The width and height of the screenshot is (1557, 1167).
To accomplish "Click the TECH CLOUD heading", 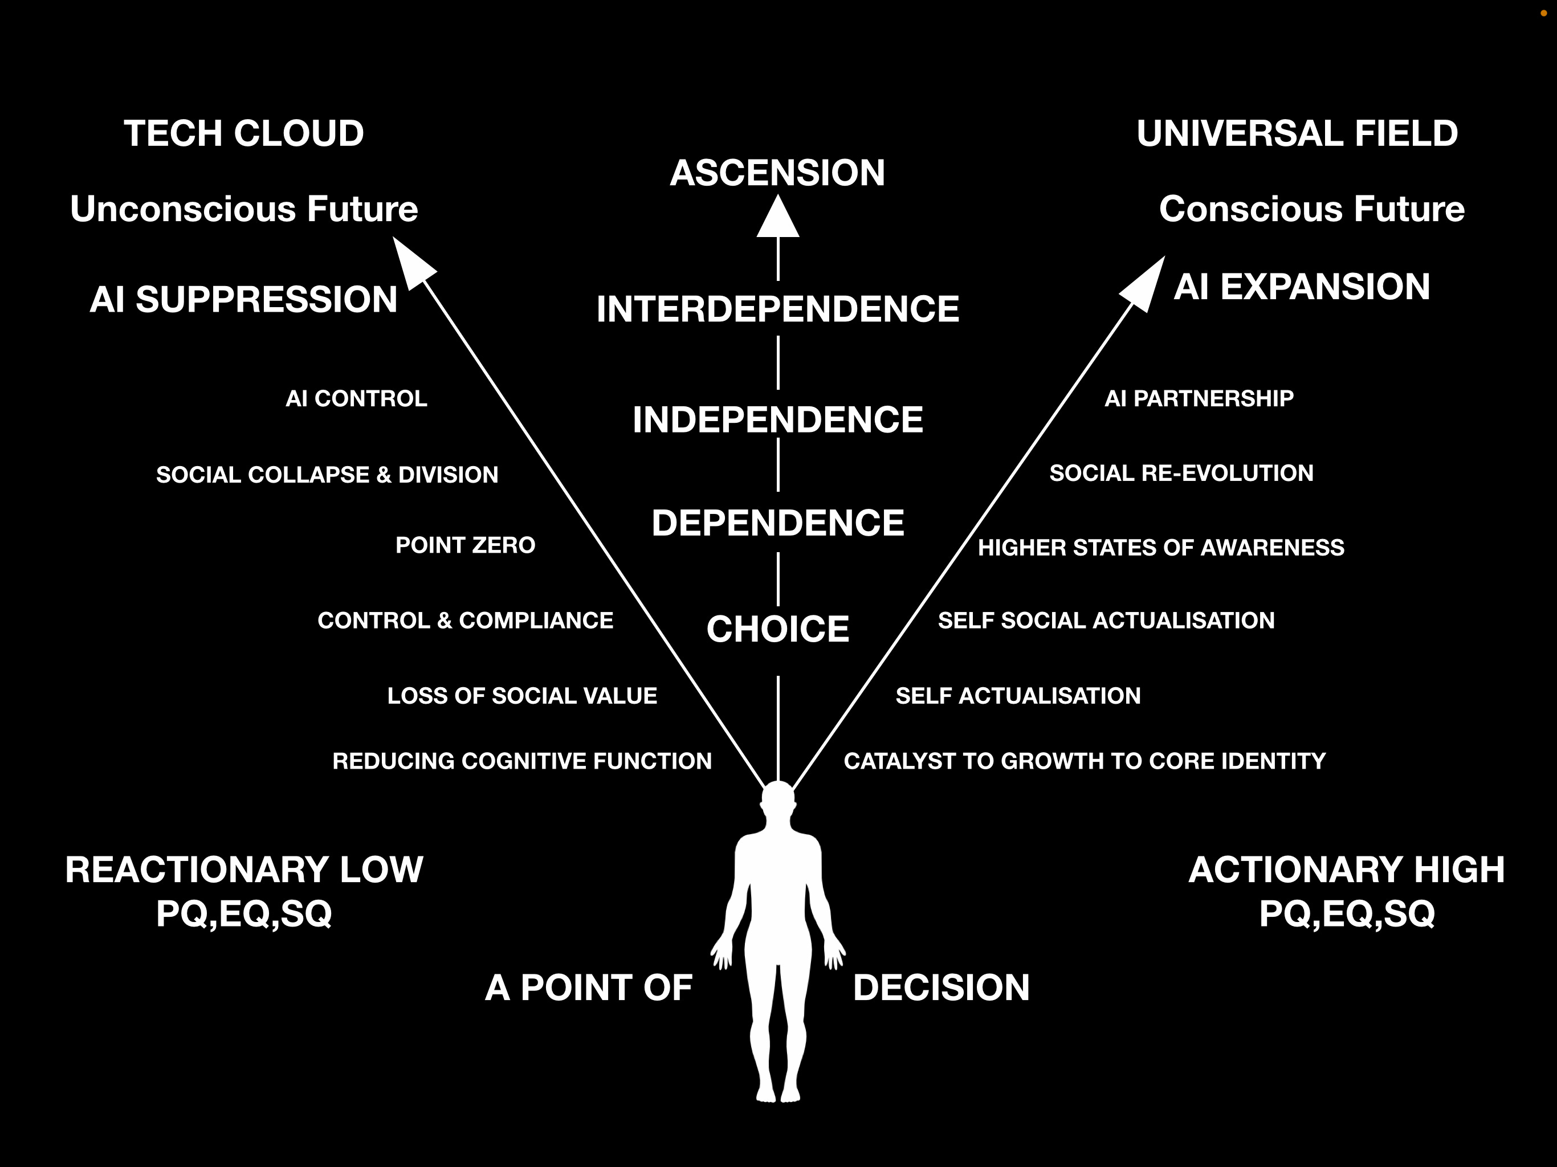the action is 243,134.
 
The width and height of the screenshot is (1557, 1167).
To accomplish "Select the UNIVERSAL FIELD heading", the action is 1297,134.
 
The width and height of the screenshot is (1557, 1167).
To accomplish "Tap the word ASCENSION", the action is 777,173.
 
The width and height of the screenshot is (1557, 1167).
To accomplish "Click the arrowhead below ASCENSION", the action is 778,219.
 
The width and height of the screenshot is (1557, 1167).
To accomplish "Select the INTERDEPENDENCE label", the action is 778,309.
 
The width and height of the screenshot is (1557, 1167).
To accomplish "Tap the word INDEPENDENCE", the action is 778,419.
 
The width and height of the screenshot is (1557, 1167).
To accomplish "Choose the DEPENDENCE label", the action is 778,523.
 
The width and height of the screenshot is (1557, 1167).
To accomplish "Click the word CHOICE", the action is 778,629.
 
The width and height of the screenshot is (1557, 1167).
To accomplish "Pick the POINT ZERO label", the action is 465,545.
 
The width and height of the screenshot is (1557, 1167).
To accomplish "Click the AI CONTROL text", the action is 356,398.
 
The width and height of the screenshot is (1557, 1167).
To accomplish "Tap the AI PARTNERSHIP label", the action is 1199,398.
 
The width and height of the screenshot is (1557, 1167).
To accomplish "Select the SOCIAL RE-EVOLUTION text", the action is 1181,473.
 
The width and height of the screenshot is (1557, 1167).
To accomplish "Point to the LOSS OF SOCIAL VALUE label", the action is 521,695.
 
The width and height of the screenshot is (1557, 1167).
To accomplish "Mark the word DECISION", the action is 941,988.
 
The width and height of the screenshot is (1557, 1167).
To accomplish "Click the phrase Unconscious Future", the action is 243,209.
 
